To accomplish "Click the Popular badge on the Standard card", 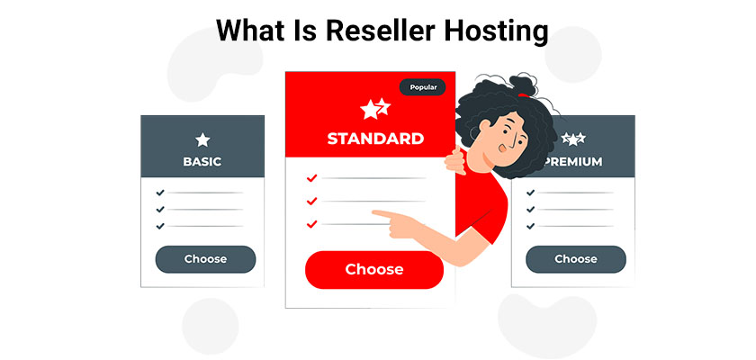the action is click(423, 87).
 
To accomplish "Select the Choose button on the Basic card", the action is click(205, 259).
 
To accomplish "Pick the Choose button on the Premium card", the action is click(576, 259).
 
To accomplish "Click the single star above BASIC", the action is click(202, 140).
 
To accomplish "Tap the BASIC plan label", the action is click(202, 162).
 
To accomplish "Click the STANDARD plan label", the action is click(375, 139).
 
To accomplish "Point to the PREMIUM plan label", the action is click(574, 162).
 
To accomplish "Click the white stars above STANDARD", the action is click(375, 109).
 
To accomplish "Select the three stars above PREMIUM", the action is click(573, 139).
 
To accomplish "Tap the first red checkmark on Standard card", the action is click(312, 178).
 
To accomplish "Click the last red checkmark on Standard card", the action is click(312, 224).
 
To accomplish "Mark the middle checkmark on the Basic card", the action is click(160, 210).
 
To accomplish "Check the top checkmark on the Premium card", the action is click(530, 193).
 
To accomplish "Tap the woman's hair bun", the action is click(522, 85).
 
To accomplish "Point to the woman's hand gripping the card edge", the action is click(455, 160).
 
